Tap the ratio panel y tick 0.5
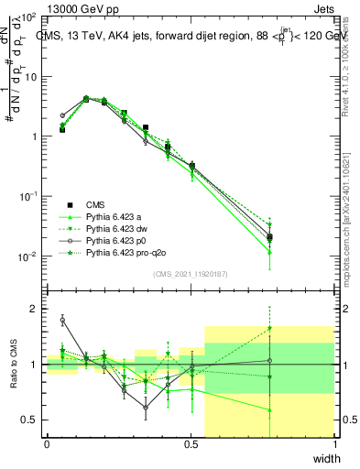click(x=33, y=420)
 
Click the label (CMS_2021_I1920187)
click(x=190, y=274)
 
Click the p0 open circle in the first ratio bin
click(x=62, y=320)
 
